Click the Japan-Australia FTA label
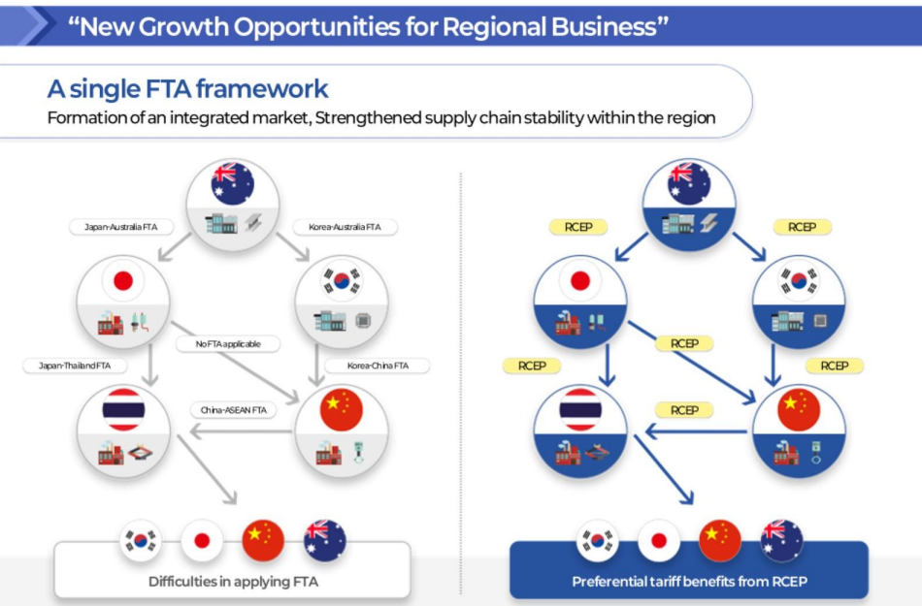coord(121,227)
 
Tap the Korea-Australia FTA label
coord(345,227)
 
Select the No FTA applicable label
coord(228,343)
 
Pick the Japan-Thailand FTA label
coord(75,366)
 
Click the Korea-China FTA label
coord(378,366)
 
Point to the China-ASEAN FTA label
coord(234,410)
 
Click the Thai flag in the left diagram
coord(123,409)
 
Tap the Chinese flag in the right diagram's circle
coord(799,409)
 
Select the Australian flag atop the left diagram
coord(233,183)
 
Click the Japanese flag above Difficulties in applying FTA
coord(202,540)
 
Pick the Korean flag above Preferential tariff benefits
coord(598,540)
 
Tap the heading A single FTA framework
coord(187,89)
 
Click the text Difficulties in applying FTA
coord(234,582)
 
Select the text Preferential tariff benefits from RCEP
coord(689,582)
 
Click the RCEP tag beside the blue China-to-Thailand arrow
coord(684,410)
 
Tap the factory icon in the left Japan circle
coord(111,323)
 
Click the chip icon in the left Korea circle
coord(363,321)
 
